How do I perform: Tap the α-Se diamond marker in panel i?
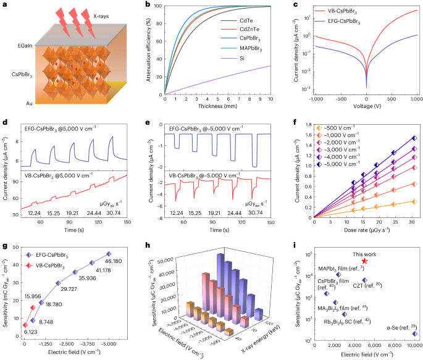(414, 333)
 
